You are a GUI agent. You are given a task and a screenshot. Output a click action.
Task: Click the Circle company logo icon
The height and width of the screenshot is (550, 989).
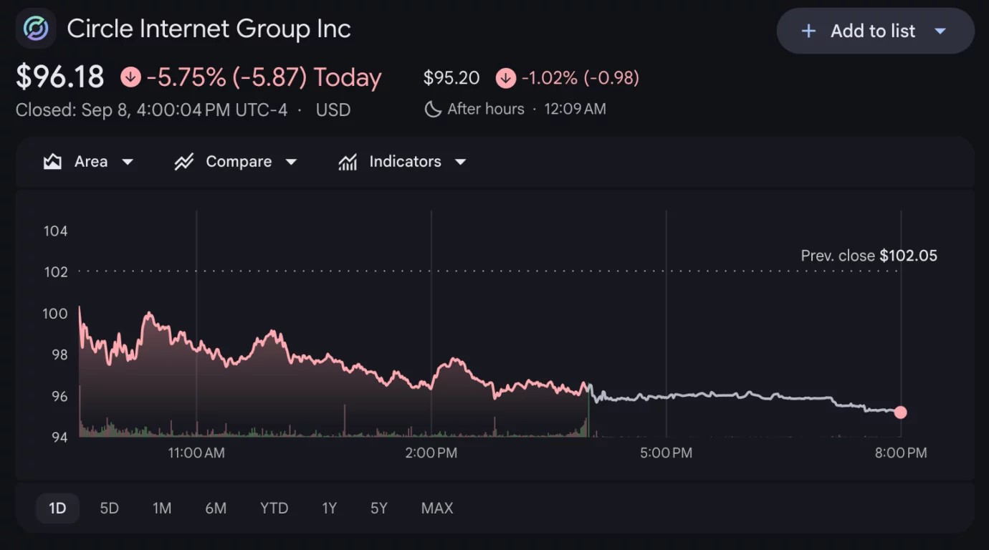[36, 28]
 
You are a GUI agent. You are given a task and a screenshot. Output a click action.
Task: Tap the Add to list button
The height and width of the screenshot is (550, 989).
[875, 31]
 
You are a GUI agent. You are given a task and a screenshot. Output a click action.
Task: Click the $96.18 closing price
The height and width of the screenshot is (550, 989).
[60, 77]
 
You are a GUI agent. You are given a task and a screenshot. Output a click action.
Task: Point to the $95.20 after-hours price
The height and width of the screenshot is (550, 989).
[451, 77]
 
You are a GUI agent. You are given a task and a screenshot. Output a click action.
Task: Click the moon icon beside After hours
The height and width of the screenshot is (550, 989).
[433, 109]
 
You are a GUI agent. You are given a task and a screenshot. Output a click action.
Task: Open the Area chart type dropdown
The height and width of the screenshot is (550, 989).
[88, 161]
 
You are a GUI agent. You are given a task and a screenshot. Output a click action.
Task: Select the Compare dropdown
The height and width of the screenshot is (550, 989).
[236, 161]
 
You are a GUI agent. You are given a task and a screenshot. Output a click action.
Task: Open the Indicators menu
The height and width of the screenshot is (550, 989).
[402, 161]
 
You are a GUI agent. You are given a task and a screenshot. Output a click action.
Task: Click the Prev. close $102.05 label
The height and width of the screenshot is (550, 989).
[869, 256]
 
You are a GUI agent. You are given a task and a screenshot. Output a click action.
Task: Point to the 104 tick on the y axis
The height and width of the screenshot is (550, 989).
[56, 231]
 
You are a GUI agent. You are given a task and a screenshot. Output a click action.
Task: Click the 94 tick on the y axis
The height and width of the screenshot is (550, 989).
[59, 437]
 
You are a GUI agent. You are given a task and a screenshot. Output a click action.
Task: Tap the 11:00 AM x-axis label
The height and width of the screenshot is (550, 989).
[196, 453]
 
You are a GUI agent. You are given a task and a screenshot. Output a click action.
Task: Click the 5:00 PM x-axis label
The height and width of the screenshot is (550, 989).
[666, 453]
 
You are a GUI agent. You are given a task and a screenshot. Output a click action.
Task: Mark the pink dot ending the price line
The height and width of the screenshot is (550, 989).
[901, 412]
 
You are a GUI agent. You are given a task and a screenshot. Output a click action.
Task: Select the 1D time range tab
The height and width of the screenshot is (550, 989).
[57, 508]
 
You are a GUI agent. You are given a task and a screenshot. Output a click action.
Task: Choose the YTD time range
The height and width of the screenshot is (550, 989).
[274, 508]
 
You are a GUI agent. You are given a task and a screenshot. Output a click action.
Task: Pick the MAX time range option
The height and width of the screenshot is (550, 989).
[437, 508]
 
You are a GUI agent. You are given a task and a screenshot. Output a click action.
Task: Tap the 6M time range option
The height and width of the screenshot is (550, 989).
[216, 508]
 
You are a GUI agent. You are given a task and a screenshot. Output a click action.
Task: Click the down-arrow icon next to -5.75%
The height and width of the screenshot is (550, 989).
[130, 77]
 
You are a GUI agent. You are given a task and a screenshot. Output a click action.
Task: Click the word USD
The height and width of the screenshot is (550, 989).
[333, 110]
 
